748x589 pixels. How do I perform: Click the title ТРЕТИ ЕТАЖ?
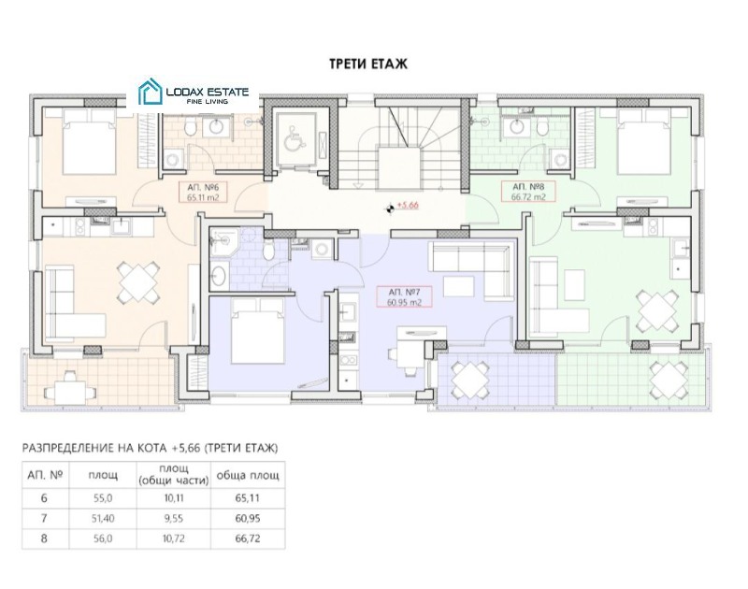point(368,64)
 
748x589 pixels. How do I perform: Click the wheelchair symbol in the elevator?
point(291,141)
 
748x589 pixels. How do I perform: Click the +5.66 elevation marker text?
point(408,206)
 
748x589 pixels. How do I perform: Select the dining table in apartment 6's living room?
point(138,280)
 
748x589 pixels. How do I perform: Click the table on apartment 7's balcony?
point(469,380)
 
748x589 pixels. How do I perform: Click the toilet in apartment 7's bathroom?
point(268,251)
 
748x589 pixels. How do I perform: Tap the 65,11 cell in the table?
point(248,498)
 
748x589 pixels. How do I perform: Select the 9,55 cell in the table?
point(174,518)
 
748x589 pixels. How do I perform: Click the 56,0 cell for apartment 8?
point(103,539)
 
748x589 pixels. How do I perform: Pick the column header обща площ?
point(248,475)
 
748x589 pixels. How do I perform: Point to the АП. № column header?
point(45,475)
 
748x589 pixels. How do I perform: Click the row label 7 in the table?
point(44,518)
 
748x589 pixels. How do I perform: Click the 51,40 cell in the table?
point(103,518)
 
